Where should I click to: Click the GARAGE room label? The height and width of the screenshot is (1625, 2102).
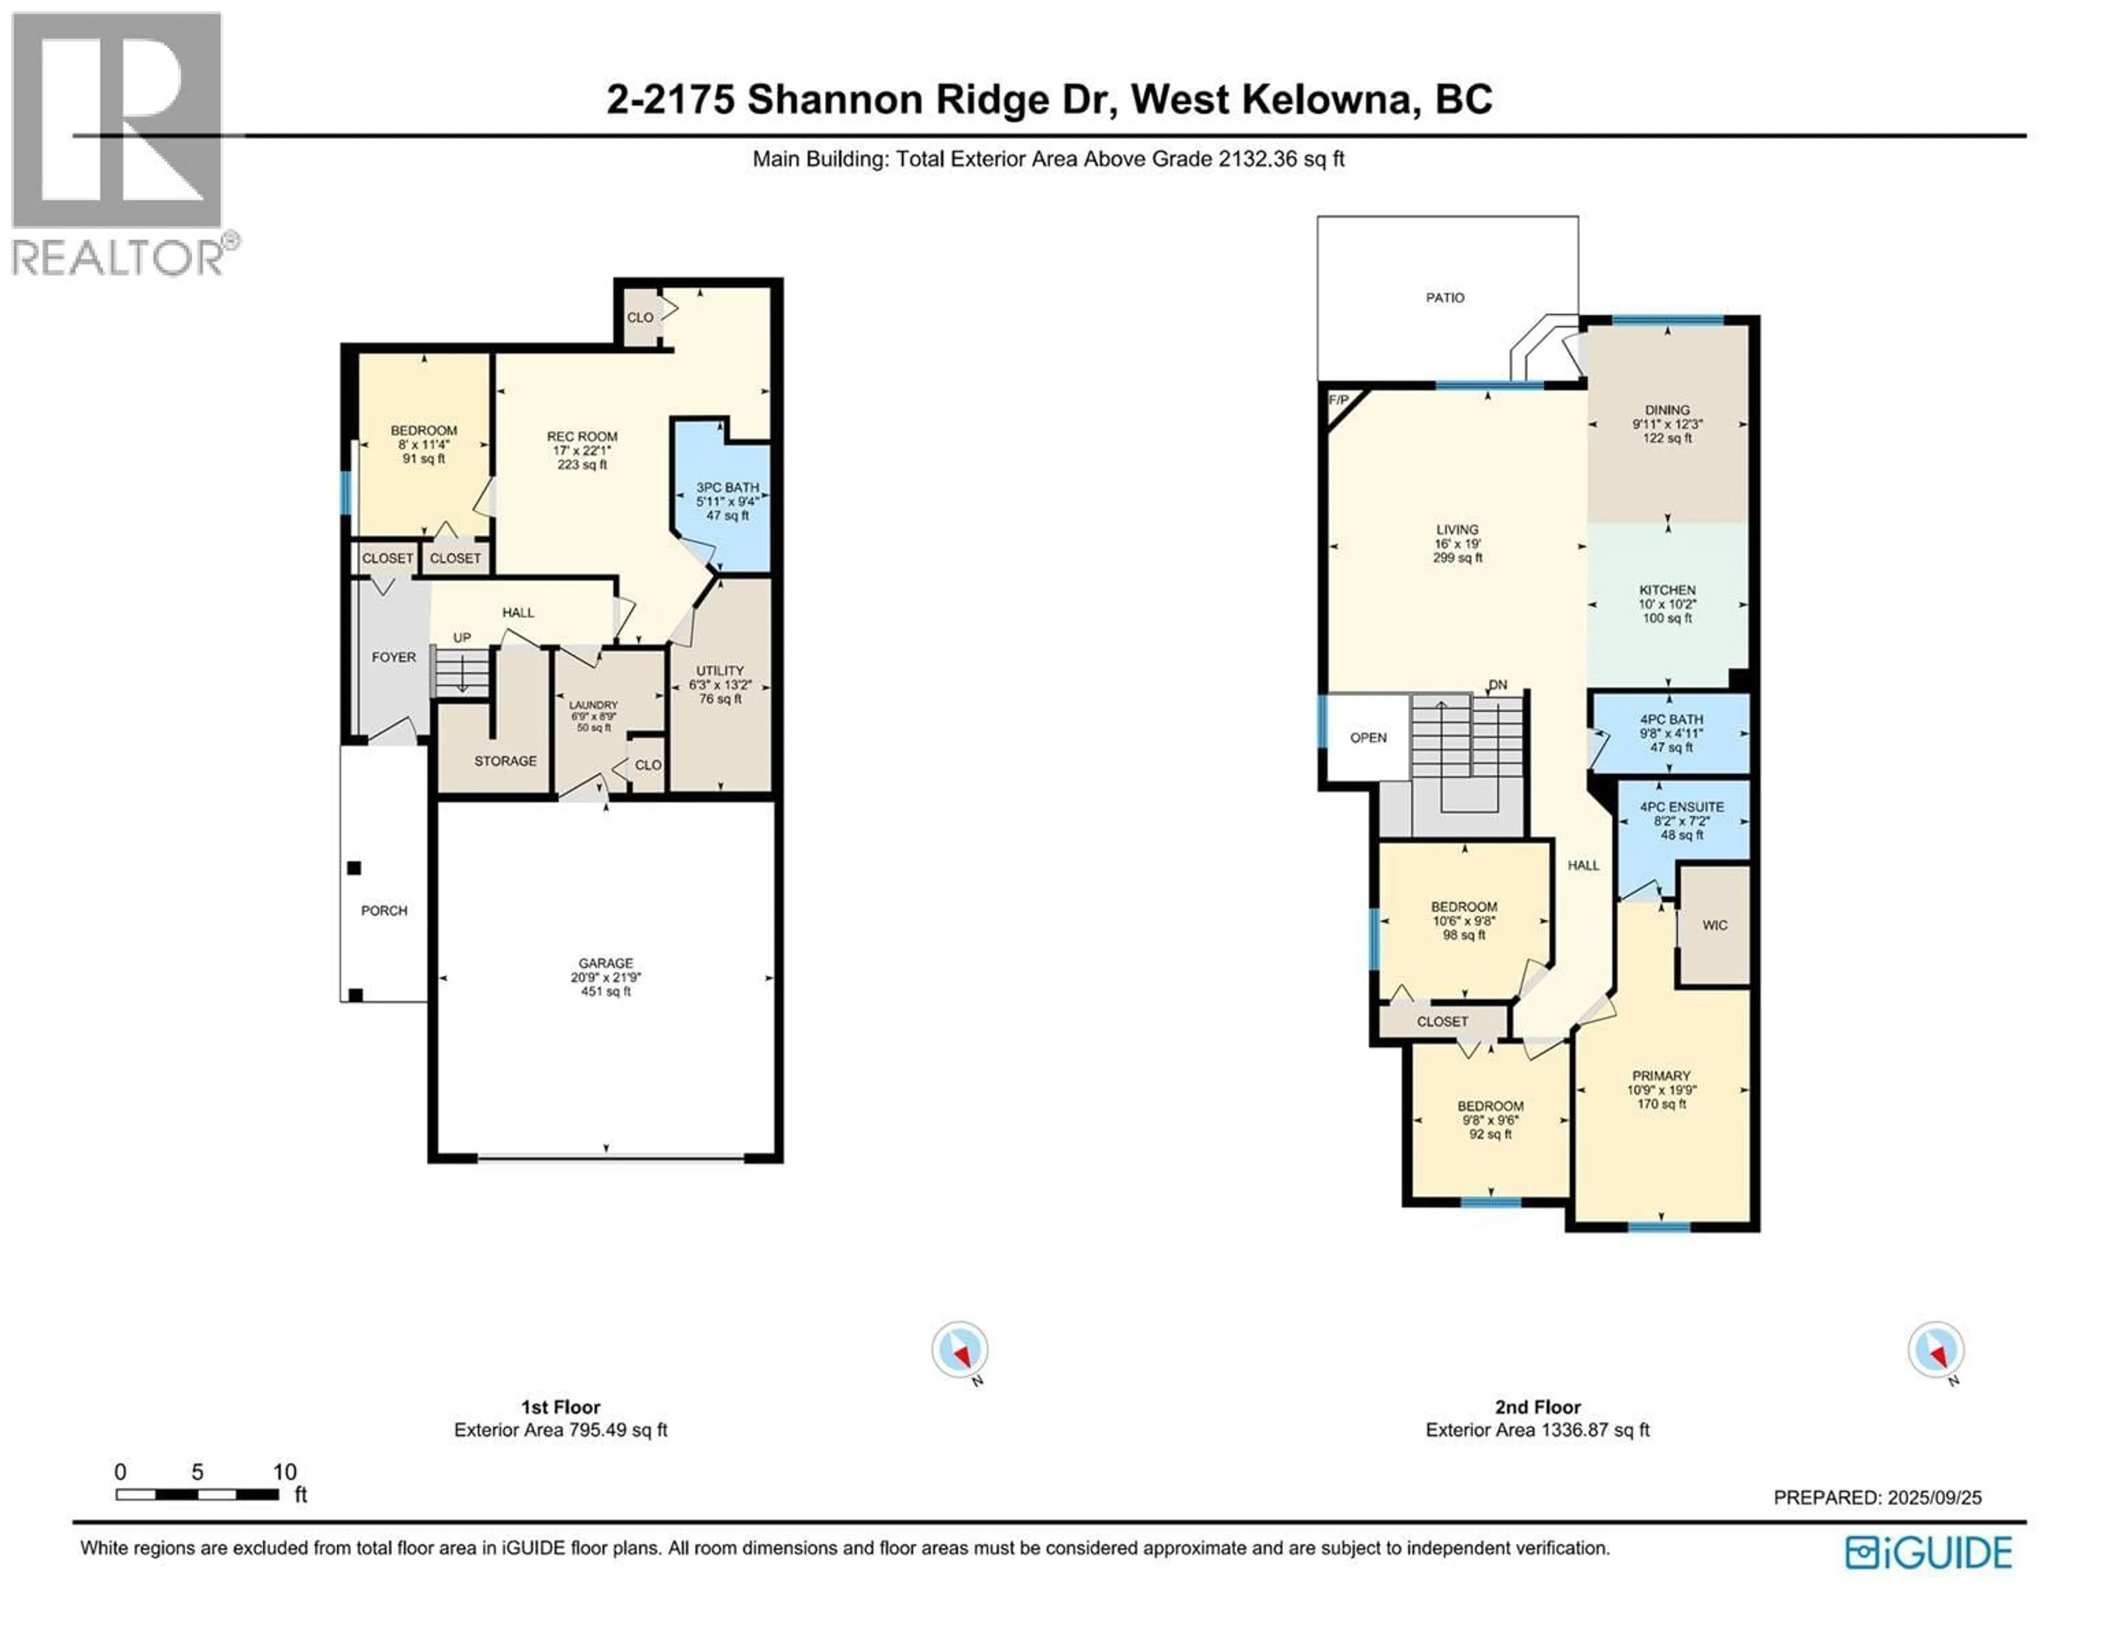click(605, 963)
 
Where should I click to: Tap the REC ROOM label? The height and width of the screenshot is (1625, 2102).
click(582, 436)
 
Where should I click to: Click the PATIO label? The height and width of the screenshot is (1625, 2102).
click(1445, 297)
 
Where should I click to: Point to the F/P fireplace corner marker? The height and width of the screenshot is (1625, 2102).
click(1338, 400)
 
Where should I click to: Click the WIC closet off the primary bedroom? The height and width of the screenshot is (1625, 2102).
click(1714, 925)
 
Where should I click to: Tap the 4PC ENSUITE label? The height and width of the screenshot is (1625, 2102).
click(1682, 806)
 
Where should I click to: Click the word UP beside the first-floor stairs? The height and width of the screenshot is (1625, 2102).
click(462, 637)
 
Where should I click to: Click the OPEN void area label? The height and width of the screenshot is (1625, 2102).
click(1367, 737)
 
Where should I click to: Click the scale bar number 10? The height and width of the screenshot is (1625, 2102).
click(284, 1471)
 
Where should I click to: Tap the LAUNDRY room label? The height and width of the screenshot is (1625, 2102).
click(593, 705)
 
